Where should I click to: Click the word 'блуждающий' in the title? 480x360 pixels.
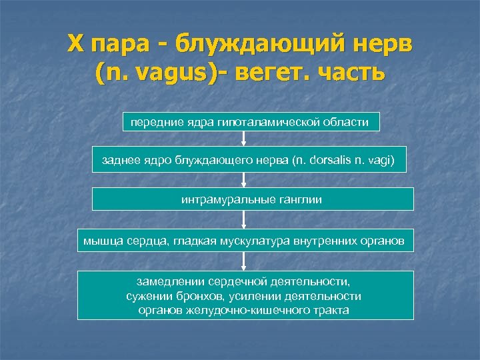pos(257,45)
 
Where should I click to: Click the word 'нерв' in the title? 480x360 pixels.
pos(381,45)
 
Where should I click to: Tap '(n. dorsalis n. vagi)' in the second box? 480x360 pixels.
pos(348,161)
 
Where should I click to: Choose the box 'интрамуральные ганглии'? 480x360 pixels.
pos(252,199)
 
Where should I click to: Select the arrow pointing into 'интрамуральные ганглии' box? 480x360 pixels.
pos(244,180)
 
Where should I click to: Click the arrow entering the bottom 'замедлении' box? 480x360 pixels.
pos(244,261)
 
